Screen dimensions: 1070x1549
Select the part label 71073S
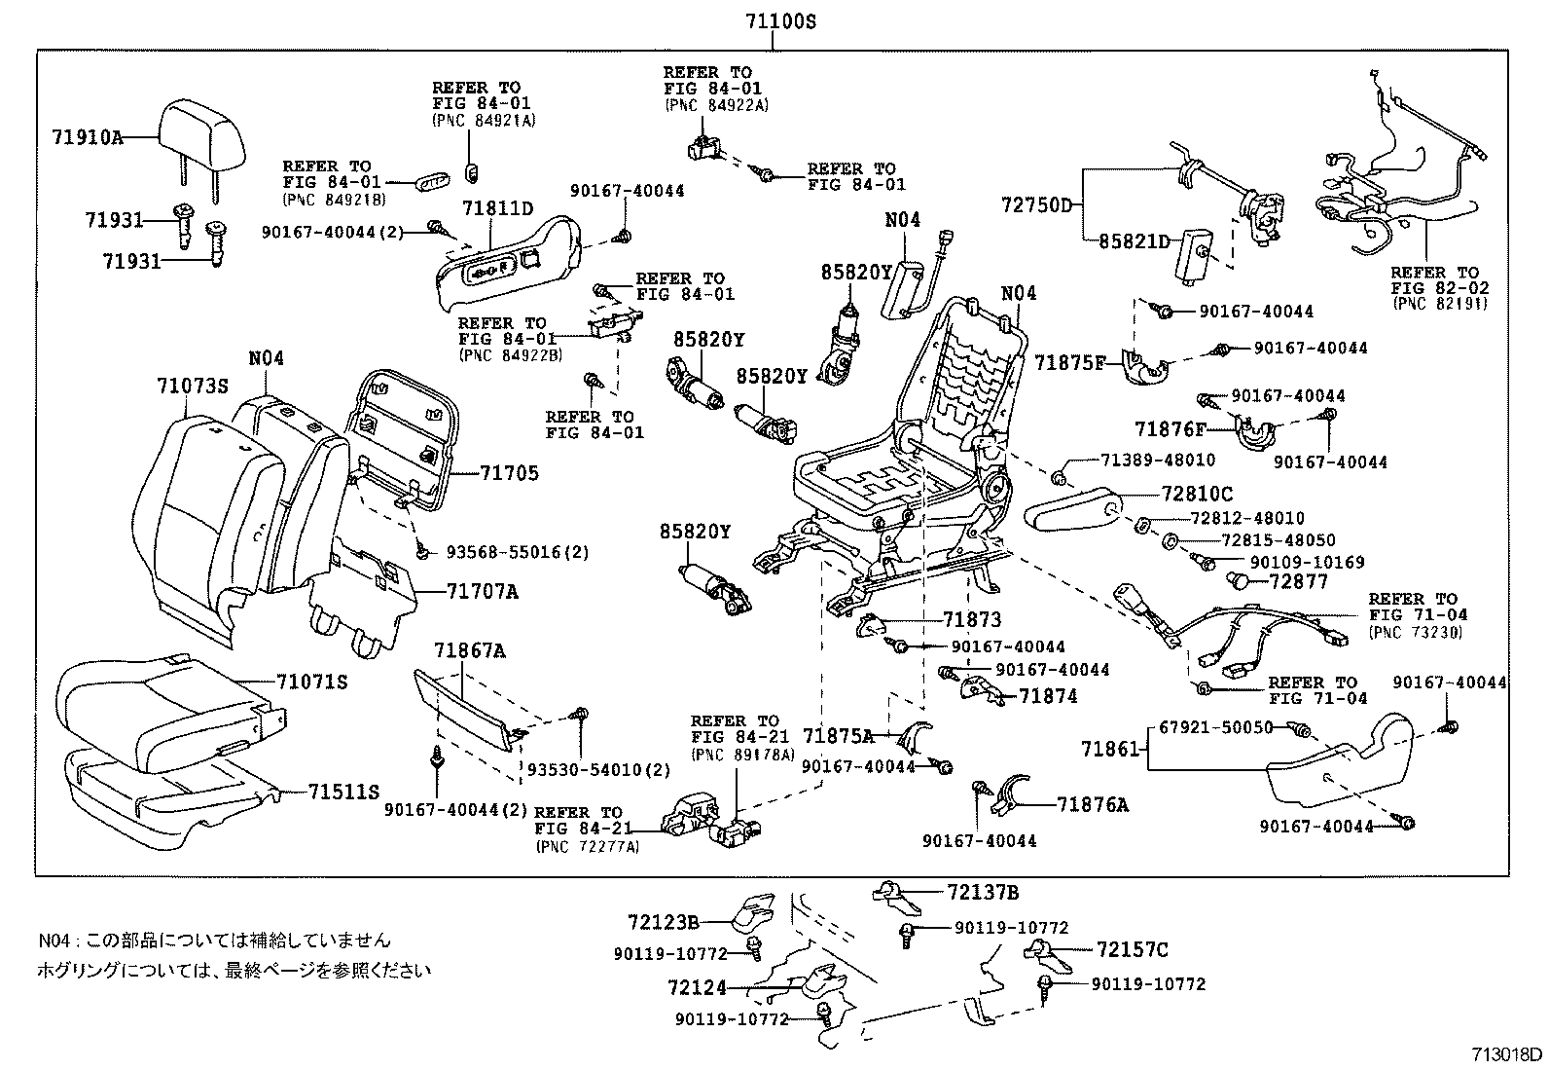click(192, 386)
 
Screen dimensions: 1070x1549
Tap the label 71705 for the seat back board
click(509, 473)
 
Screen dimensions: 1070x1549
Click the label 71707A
click(483, 591)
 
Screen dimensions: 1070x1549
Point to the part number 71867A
click(470, 650)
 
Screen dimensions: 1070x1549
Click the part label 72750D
click(1036, 204)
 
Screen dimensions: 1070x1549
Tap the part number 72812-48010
click(1248, 518)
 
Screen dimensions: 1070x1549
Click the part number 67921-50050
click(1216, 727)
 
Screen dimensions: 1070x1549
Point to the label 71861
click(1109, 749)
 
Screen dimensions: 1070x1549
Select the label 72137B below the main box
click(983, 892)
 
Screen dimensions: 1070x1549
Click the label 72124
click(698, 988)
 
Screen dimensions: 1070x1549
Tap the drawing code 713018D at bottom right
click(1506, 1054)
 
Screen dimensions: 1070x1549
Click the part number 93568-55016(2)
click(518, 552)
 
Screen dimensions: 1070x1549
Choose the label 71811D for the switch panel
click(498, 207)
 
